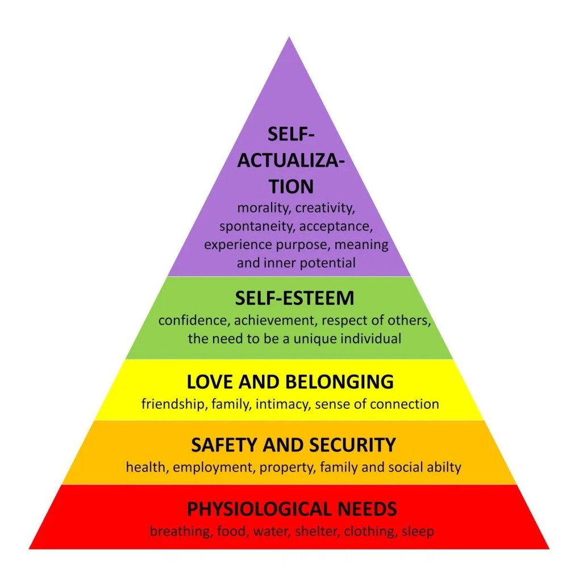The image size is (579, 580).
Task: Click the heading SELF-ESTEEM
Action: pos(294,298)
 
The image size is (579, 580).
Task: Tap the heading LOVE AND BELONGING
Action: pos(290,382)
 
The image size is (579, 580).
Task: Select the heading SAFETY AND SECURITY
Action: pos(293,445)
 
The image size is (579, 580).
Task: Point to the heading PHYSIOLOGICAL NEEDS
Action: pos(292,508)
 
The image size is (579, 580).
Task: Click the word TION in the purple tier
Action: pos(291,186)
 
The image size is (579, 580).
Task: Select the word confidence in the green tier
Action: pos(193,320)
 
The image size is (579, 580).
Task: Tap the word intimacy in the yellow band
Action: pos(279,404)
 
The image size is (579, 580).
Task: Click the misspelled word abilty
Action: pos(442,468)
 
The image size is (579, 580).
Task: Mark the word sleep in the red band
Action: pos(418,532)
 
